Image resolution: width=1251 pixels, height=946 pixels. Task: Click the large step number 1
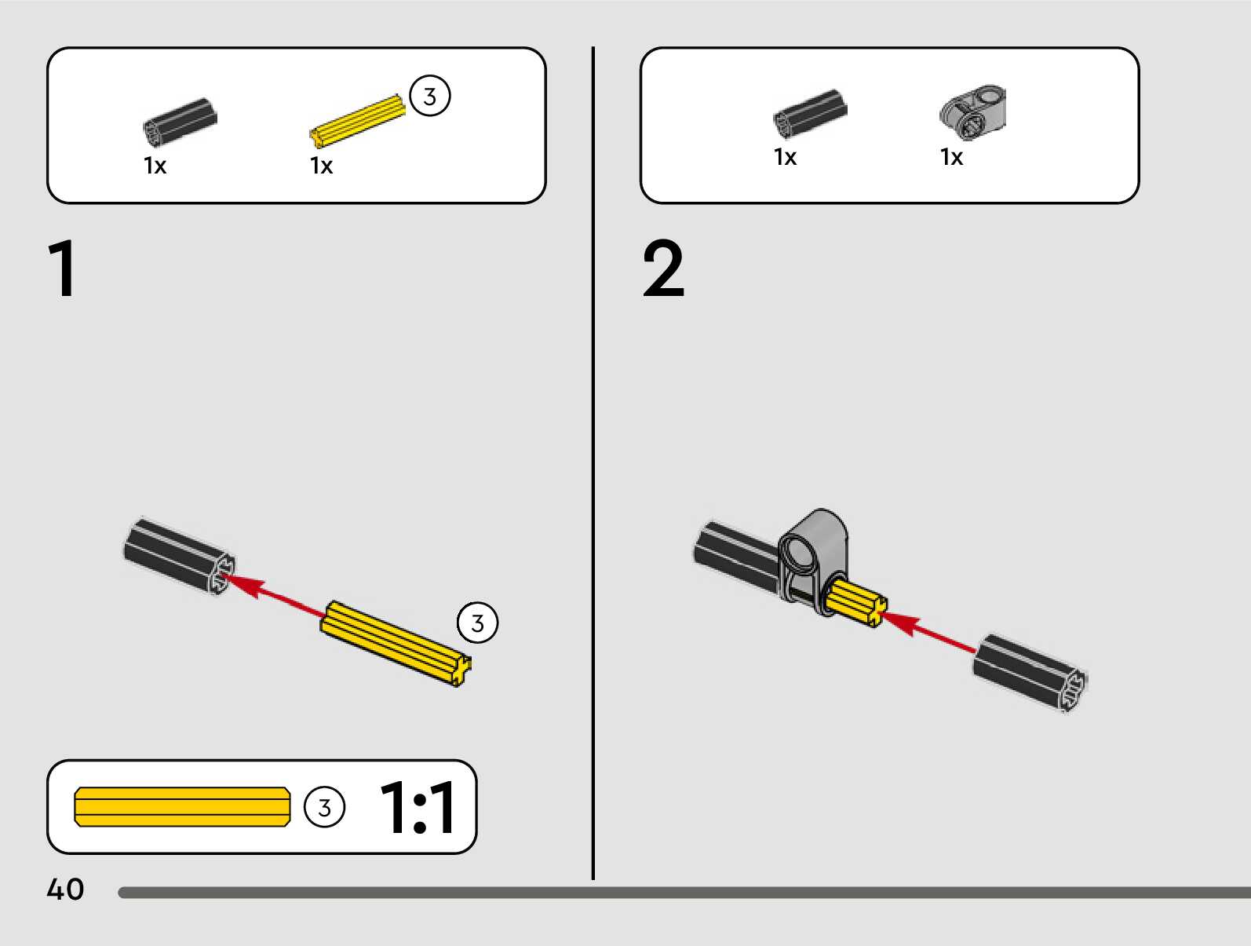pyautogui.click(x=63, y=268)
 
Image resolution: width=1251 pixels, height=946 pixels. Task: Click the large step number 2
pyautogui.click(x=663, y=269)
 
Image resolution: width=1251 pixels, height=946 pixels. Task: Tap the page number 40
pyautogui.click(x=65, y=889)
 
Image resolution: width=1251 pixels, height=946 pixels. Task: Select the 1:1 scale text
pyautogui.click(x=417, y=808)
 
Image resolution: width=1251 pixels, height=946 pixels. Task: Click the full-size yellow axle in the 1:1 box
pyautogui.click(x=182, y=807)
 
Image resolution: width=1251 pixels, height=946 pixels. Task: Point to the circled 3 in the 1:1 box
pyautogui.click(x=324, y=808)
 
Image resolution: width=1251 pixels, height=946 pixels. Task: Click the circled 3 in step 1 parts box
pyautogui.click(x=430, y=97)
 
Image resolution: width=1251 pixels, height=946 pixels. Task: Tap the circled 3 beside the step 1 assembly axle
pyautogui.click(x=477, y=623)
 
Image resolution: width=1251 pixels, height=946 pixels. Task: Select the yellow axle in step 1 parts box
pyautogui.click(x=358, y=122)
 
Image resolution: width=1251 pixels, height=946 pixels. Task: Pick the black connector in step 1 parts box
pyautogui.click(x=180, y=122)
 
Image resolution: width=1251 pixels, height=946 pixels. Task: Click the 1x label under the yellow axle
pyautogui.click(x=321, y=166)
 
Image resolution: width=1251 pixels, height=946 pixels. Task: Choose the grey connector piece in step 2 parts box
pyautogui.click(x=973, y=113)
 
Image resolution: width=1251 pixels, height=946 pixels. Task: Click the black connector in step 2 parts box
pyautogui.click(x=810, y=113)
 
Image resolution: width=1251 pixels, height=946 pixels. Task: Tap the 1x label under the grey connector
pyautogui.click(x=951, y=157)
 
